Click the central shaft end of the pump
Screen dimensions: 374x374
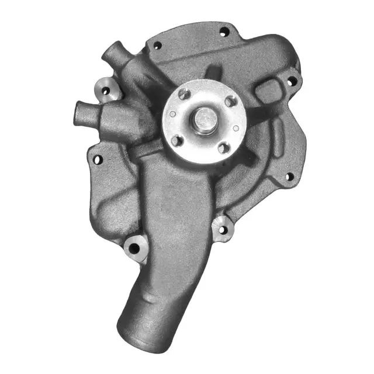coord(203,120)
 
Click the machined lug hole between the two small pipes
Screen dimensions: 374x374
coord(106,91)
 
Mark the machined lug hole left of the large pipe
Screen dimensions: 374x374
coord(134,248)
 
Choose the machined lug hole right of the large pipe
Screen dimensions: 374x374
coord(221,230)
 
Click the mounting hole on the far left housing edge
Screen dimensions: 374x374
coord(98,158)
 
